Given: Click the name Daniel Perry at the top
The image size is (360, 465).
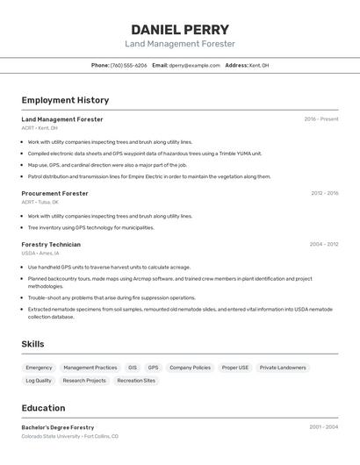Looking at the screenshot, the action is coord(180,29).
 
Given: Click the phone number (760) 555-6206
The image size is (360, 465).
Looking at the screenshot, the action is coord(128,65).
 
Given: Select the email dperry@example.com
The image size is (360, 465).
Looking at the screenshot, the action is coord(194,65).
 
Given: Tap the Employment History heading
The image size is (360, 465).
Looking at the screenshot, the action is coord(65,100).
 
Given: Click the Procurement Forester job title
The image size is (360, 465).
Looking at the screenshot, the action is coord(54,193).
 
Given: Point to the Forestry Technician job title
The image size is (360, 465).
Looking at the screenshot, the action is coord(51,245).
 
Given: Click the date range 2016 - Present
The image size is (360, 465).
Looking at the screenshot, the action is coord(320,119).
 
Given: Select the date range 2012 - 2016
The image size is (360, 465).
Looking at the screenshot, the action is coord(324,193).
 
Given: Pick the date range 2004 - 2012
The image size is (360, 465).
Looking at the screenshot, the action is coord(323,245).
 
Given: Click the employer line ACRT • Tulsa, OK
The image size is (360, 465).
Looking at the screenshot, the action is coord(40,202).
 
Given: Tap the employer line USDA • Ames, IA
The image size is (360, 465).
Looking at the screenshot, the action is coord(41,253).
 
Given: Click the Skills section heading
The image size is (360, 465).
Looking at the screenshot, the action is coord(32,344).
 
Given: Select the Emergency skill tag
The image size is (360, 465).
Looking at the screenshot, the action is coord(39,368).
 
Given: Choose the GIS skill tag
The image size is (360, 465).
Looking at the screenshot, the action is coord(133,368).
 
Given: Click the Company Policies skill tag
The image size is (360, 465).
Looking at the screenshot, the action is coord(190,368).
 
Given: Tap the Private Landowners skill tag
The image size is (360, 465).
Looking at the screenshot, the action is coord(283,368).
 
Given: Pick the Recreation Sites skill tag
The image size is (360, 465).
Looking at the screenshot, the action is coord(136,381).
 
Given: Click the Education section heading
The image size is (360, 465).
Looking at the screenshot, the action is coord(43,408).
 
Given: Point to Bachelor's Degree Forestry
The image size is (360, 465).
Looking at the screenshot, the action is coord(57,427).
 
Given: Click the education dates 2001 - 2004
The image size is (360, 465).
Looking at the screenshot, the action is coord(323,427).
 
